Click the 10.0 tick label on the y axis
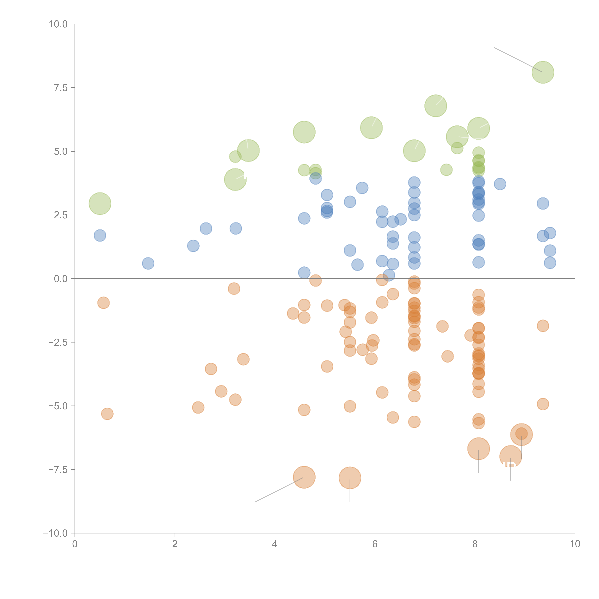(x=58, y=24)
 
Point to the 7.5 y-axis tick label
(x=61, y=88)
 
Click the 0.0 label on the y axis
(x=61, y=279)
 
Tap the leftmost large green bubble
(x=100, y=203)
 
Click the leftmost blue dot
(x=100, y=236)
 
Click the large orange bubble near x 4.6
(x=304, y=477)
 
